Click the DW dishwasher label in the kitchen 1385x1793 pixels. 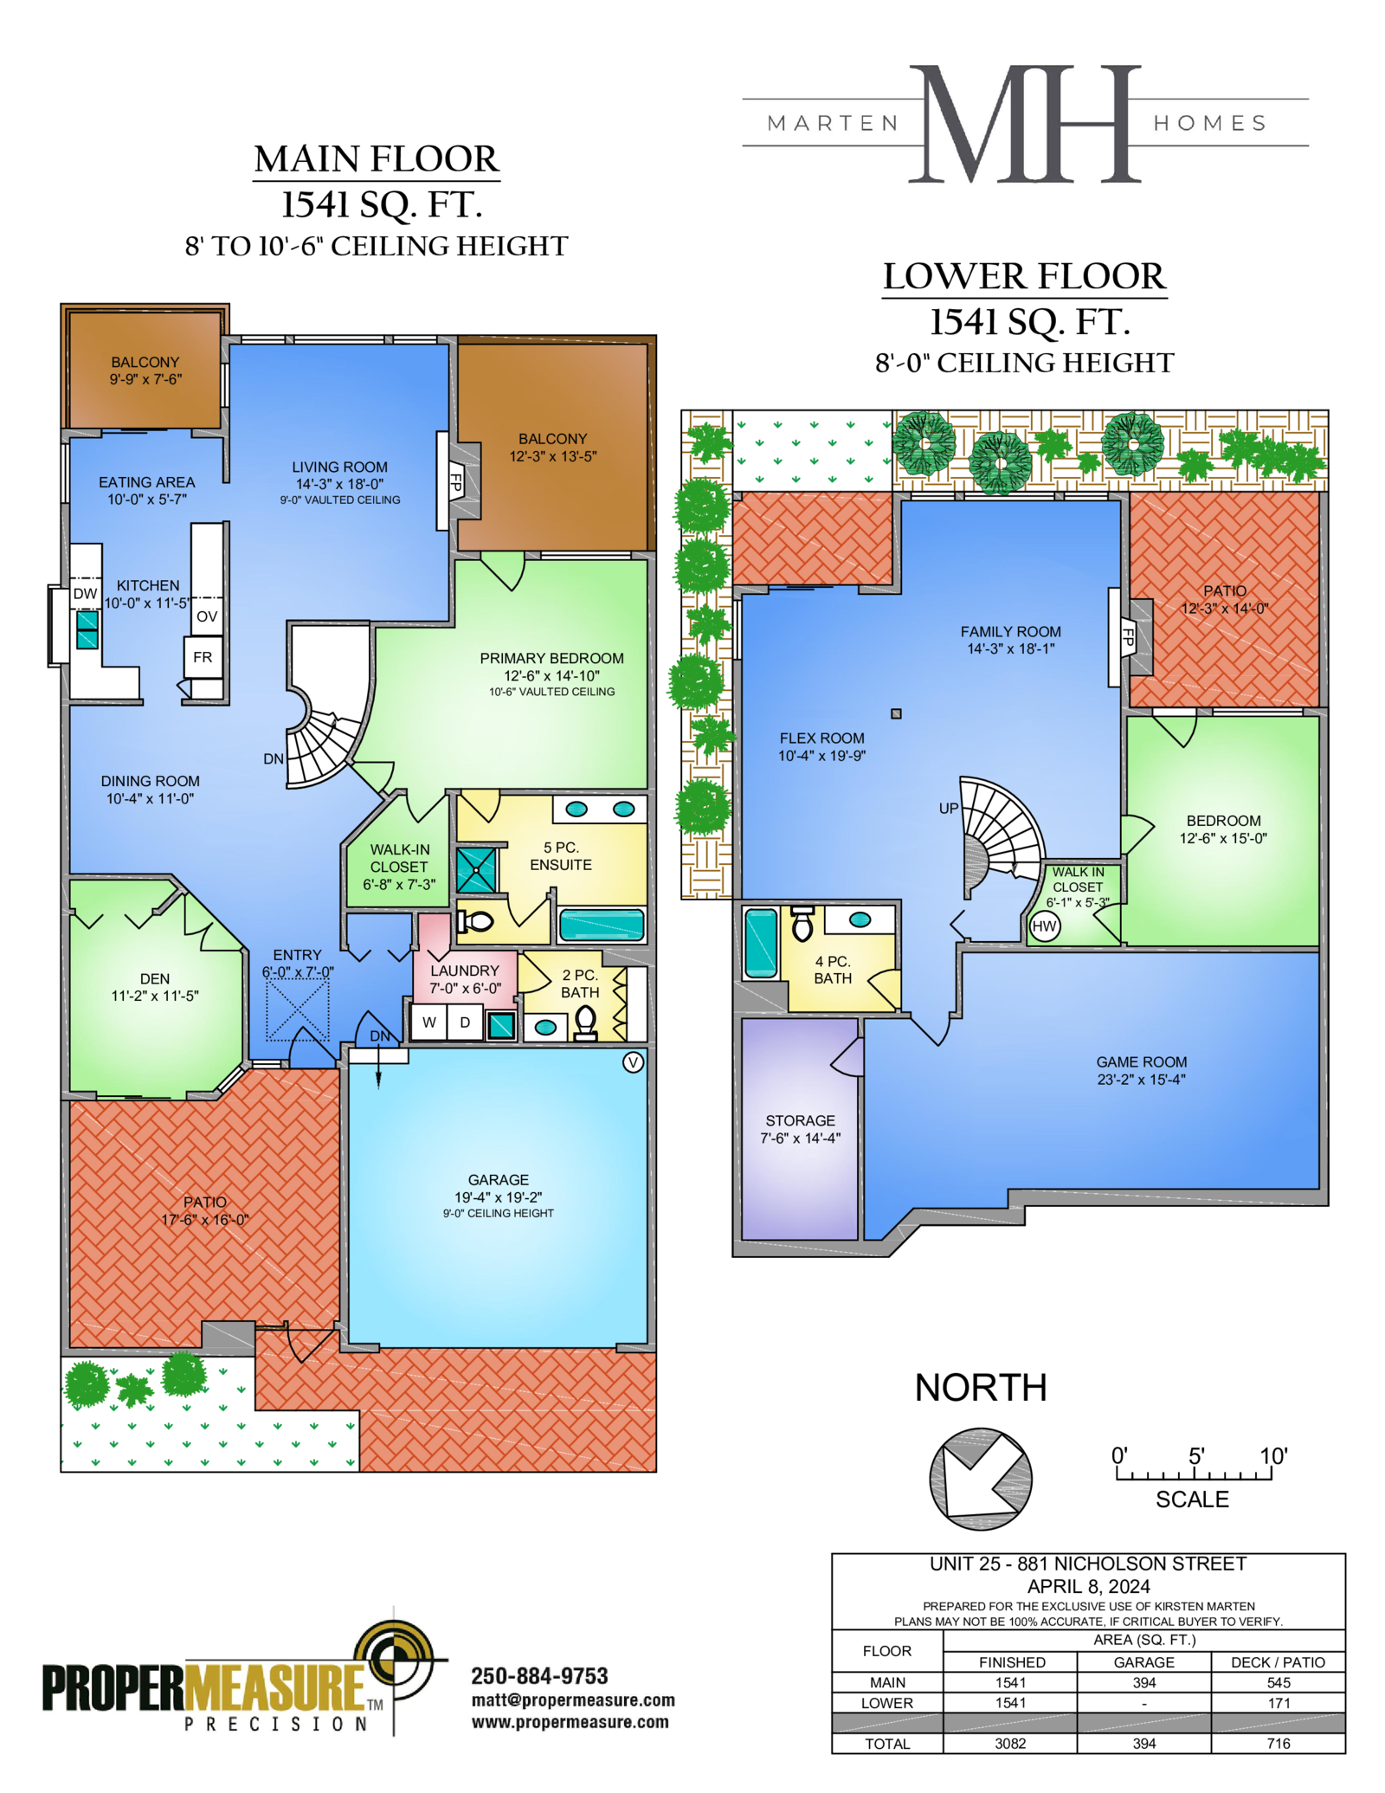pos(85,594)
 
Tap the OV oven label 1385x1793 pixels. pos(207,616)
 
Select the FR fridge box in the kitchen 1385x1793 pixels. pos(203,658)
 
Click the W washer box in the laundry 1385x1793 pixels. pos(428,1022)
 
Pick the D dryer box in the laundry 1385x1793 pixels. pos(465,1022)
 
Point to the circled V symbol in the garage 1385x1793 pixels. pos(634,1062)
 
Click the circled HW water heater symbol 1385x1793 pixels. pos(1045,926)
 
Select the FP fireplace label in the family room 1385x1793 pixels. pos(1128,637)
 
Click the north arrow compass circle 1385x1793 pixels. pos(980,1479)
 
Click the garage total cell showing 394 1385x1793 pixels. pos(1144,1744)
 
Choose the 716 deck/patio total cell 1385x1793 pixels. pos(1279,1744)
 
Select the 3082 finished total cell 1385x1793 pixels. pos(1010,1744)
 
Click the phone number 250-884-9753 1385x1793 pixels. pos(539,1676)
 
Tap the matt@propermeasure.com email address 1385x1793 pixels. pos(573,1701)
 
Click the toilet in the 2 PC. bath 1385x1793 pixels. pos(586,1022)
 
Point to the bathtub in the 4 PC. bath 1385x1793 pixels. pos(761,943)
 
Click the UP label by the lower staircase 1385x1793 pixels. pos(949,809)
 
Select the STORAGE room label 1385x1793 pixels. pos(800,1121)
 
